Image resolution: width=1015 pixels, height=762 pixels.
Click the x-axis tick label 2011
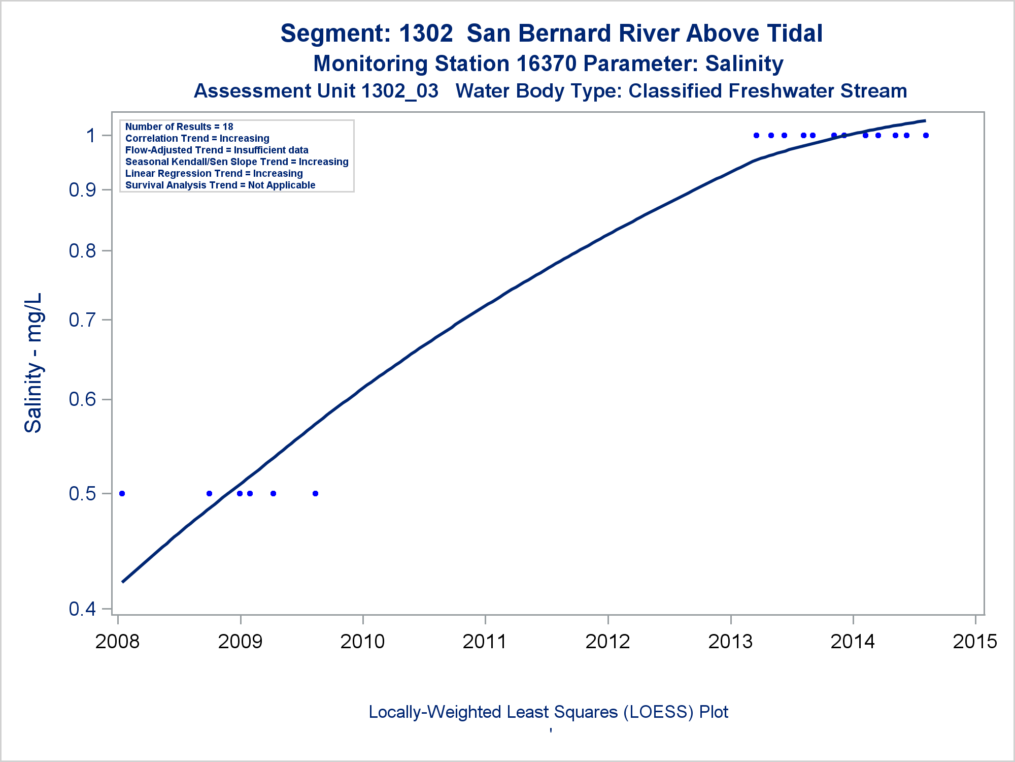[x=485, y=642]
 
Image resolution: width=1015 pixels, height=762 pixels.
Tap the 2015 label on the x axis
[x=975, y=642]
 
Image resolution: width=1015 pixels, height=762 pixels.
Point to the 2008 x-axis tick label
[x=117, y=642]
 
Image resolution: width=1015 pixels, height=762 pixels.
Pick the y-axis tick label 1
[x=91, y=136]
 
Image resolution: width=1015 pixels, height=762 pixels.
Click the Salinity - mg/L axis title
[x=33, y=363]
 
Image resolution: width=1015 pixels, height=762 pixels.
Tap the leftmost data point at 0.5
[x=122, y=493]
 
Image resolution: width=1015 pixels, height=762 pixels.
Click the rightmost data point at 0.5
[x=315, y=493]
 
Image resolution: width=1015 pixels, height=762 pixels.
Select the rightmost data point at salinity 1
[x=926, y=136]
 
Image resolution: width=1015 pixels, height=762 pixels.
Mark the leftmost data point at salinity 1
[x=756, y=136]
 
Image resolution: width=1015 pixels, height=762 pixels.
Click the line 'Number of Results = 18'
[x=179, y=126]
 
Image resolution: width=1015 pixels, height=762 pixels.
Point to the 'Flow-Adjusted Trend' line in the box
[x=217, y=150]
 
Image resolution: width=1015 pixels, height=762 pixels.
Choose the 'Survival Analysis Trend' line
[x=220, y=185]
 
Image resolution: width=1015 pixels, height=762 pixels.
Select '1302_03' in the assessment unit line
[x=399, y=91]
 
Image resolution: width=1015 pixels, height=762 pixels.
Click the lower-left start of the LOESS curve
[x=123, y=581]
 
